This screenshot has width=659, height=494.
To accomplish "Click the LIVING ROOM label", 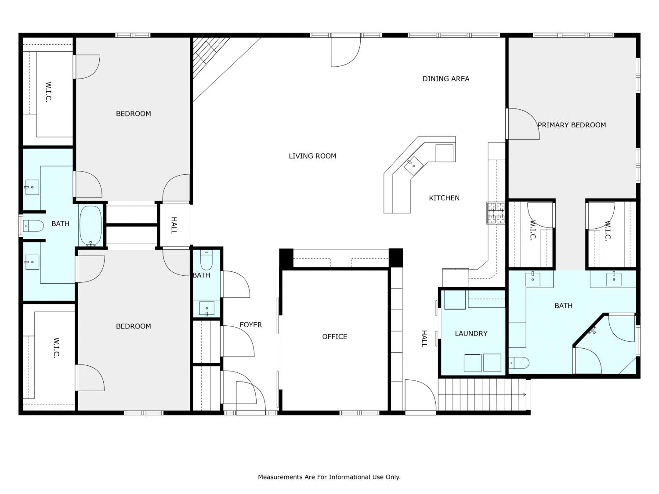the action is [x=312, y=156].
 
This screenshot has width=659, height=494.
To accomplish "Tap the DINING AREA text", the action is [x=446, y=79].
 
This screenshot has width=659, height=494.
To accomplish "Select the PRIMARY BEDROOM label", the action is [x=572, y=125].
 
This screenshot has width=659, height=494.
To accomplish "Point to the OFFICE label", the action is [x=334, y=336].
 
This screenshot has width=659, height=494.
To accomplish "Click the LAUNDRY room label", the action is [x=471, y=333].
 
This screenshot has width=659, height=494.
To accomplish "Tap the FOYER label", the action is [x=251, y=325].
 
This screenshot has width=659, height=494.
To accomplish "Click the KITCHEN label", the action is [x=444, y=198].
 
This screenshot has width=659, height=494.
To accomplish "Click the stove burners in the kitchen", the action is [x=496, y=213].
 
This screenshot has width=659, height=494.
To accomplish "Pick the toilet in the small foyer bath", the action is [x=206, y=260].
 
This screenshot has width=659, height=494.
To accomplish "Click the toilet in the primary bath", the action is [x=519, y=363].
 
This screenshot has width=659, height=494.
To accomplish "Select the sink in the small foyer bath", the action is [x=206, y=309].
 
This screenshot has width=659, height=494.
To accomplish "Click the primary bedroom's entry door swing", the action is [x=523, y=124].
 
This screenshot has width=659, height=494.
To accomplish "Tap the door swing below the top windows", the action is [x=346, y=51].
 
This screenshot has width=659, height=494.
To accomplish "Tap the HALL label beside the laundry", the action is [x=424, y=339].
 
